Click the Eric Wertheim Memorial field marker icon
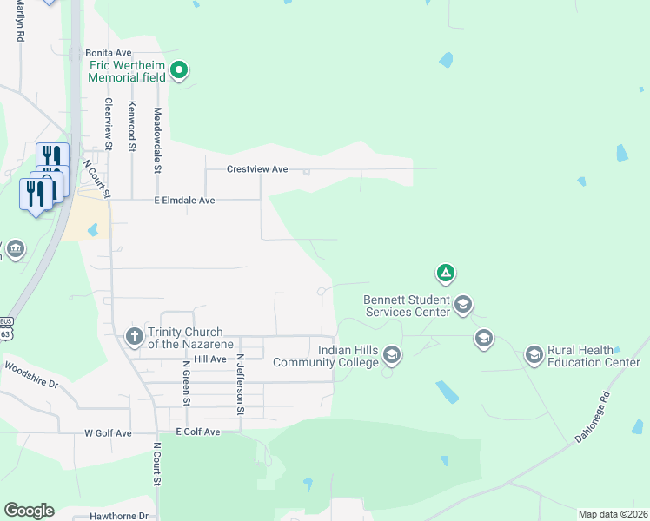(x=179, y=69)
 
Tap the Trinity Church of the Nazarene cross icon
(x=134, y=336)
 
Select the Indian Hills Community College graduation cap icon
(x=392, y=354)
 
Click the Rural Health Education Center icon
(x=534, y=354)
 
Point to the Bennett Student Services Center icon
(x=463, y=304)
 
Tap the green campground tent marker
(x=445, y=274)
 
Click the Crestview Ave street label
(x=256, y=169)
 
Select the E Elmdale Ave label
(x=184, y=200)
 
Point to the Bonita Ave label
(x=108, y=53)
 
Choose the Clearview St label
(x=109, y=124)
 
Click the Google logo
(x=29, y=511)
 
